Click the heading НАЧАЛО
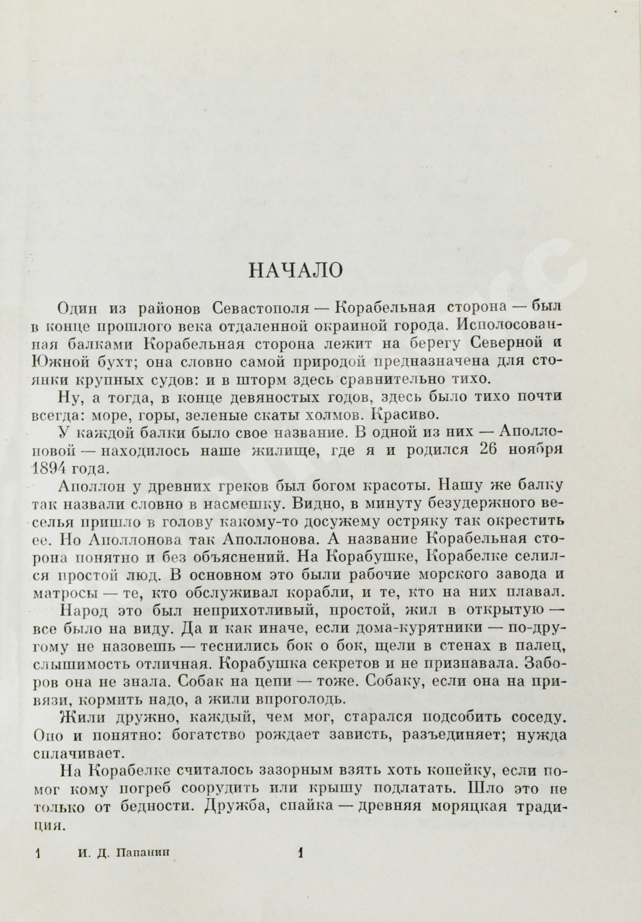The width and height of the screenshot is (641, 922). [296, 271]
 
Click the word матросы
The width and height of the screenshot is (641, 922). [61, 592]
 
